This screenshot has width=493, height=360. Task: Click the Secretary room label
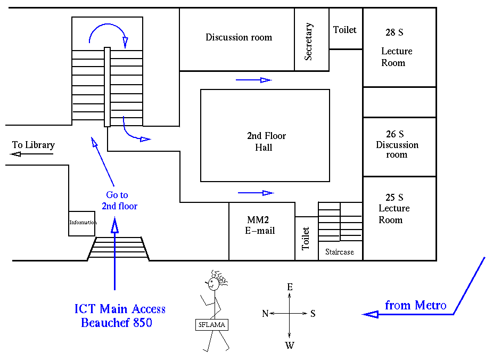pos(309,42)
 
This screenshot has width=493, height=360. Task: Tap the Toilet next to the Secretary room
pos(345,30)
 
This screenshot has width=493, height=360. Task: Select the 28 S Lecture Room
pos(397,48)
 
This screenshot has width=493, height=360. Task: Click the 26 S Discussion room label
pos(397,144)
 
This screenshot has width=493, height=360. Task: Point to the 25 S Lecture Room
pos(394,208)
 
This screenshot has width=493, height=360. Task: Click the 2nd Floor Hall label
pos(266,142)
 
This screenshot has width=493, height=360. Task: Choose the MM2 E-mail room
pos(261,225)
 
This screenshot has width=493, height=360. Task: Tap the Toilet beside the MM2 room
pos(306,239)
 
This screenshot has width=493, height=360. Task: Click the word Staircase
pos(340,252)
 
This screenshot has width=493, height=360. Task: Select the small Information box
pos(83,223)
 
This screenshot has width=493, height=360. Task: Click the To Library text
pos(34,145)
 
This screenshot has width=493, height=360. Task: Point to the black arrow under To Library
pos(32,154)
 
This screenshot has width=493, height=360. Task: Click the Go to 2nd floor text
pos(119,201)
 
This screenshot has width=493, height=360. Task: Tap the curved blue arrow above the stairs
pos(109,33)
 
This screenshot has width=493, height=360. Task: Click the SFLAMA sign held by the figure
pos(211,324)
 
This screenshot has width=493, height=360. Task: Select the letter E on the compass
pos(290,287)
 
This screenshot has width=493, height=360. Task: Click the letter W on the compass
pos(290,345)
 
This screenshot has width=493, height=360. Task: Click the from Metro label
pos(415,305)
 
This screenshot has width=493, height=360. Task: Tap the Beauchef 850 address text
pos(117,322)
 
